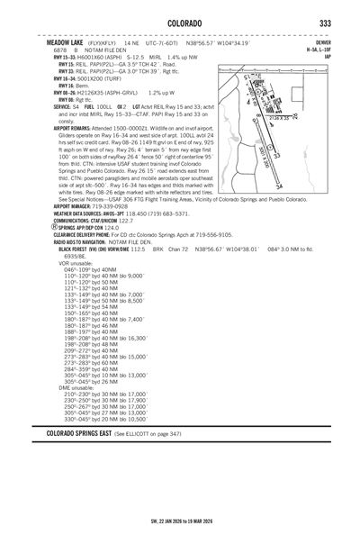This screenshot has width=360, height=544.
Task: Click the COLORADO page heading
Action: (180, 21)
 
